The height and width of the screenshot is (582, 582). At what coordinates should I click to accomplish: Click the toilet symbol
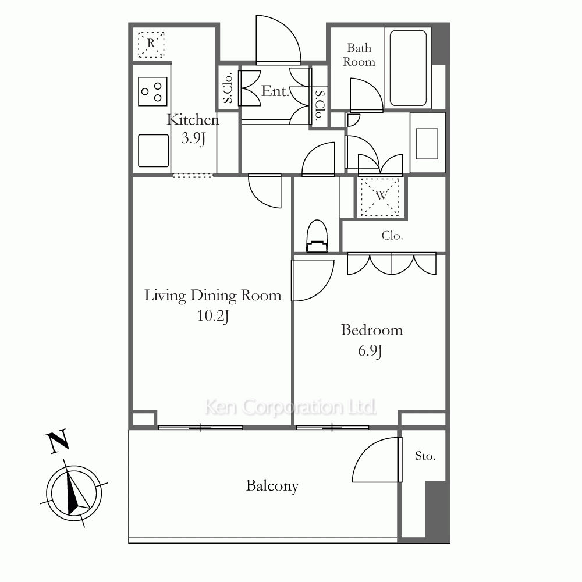pyautogui.click(x=317, y=236)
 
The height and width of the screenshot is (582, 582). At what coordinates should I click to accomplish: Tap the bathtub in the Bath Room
pyautogui.click(x=408, y=68)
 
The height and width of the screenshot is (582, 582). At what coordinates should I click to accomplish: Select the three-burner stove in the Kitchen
pyautogui.click(x=152, y=91)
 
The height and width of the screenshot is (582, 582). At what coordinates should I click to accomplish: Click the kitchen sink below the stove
pyautogui.click(x=153, y=150)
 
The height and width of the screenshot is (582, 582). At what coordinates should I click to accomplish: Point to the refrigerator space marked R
pyautogui.click(x=151, y=45)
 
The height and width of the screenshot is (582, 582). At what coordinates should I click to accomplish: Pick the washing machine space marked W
pyautogui.click(x=381, y=197)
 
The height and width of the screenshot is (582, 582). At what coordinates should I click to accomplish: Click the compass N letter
pyautogui.click(x=58, y=441)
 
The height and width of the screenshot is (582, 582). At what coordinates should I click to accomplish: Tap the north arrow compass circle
pyautogui.click(x=74, y=494)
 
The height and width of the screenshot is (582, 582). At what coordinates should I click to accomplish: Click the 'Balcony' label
pyautogui.click(x=272, y=486)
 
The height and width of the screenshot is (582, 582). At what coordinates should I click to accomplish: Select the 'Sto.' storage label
pyautogui.click(x=425, y=456)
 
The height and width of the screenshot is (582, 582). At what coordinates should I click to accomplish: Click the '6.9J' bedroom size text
pyautogui.click(x=370, y=351)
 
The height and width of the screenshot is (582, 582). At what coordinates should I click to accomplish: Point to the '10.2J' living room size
pyautogui.click(x=212, y=316)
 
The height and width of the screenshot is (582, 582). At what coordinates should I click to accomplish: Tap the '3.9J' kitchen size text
pyautogui.click(x=193, y=139)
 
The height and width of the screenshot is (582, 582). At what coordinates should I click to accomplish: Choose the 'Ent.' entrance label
pyautogui.click(x=275, y=91)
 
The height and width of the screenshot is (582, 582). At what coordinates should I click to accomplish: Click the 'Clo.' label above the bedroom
pyautogui.click(x=392, y=236)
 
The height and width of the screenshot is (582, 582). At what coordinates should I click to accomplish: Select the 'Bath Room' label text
pyautogui.click(x=359, y=55)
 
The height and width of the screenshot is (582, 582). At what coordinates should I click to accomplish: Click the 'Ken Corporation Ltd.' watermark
pyautogui.click(x=290, y=407)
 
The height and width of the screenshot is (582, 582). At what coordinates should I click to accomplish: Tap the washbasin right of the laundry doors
pyautogui.click(x=427, y=143)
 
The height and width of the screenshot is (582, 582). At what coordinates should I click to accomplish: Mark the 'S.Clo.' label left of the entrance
pyautogui.click(x=228, y=88)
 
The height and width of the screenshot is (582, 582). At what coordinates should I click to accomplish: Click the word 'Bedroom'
pyautogui.click(x=372, y=330)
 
